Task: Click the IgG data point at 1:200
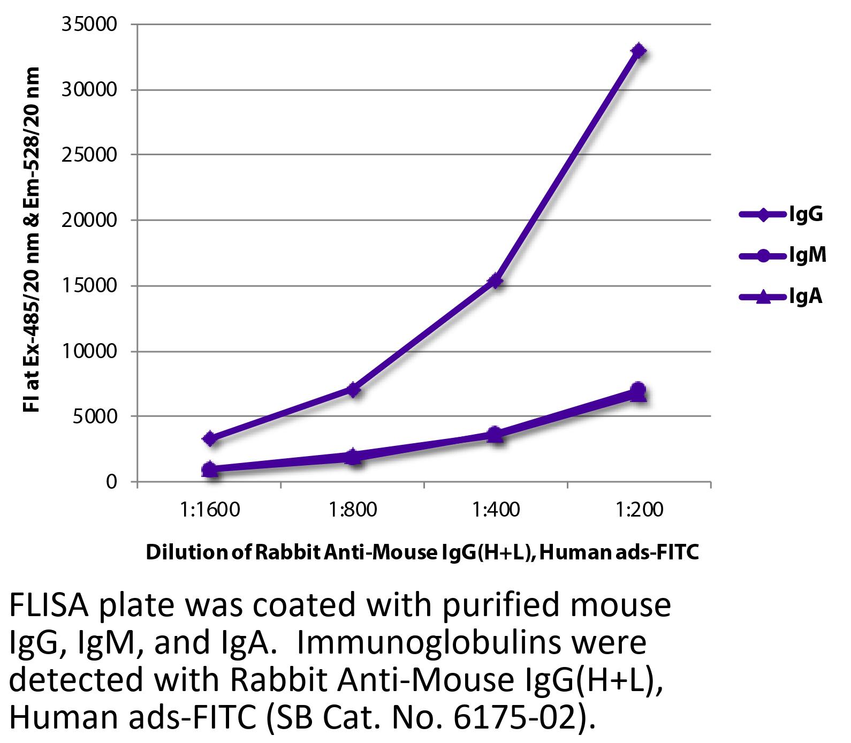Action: click(x=639, y=51)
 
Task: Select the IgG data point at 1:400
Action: click(x=496, y=280)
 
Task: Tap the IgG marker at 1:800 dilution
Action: click(x=353, y=389)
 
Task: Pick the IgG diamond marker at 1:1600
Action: click(x=210, y=438)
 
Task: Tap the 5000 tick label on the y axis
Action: click(x=95, y=416)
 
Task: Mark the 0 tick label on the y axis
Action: click(x=111, y=482)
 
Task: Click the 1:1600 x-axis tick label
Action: click(x=210, y=510)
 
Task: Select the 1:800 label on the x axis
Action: click(x=353, y=510)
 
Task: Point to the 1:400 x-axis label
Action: click(x=496, y=510)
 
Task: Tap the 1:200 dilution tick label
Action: click(x=639, y=510)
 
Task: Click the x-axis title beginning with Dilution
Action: click(x=423, y=552)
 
